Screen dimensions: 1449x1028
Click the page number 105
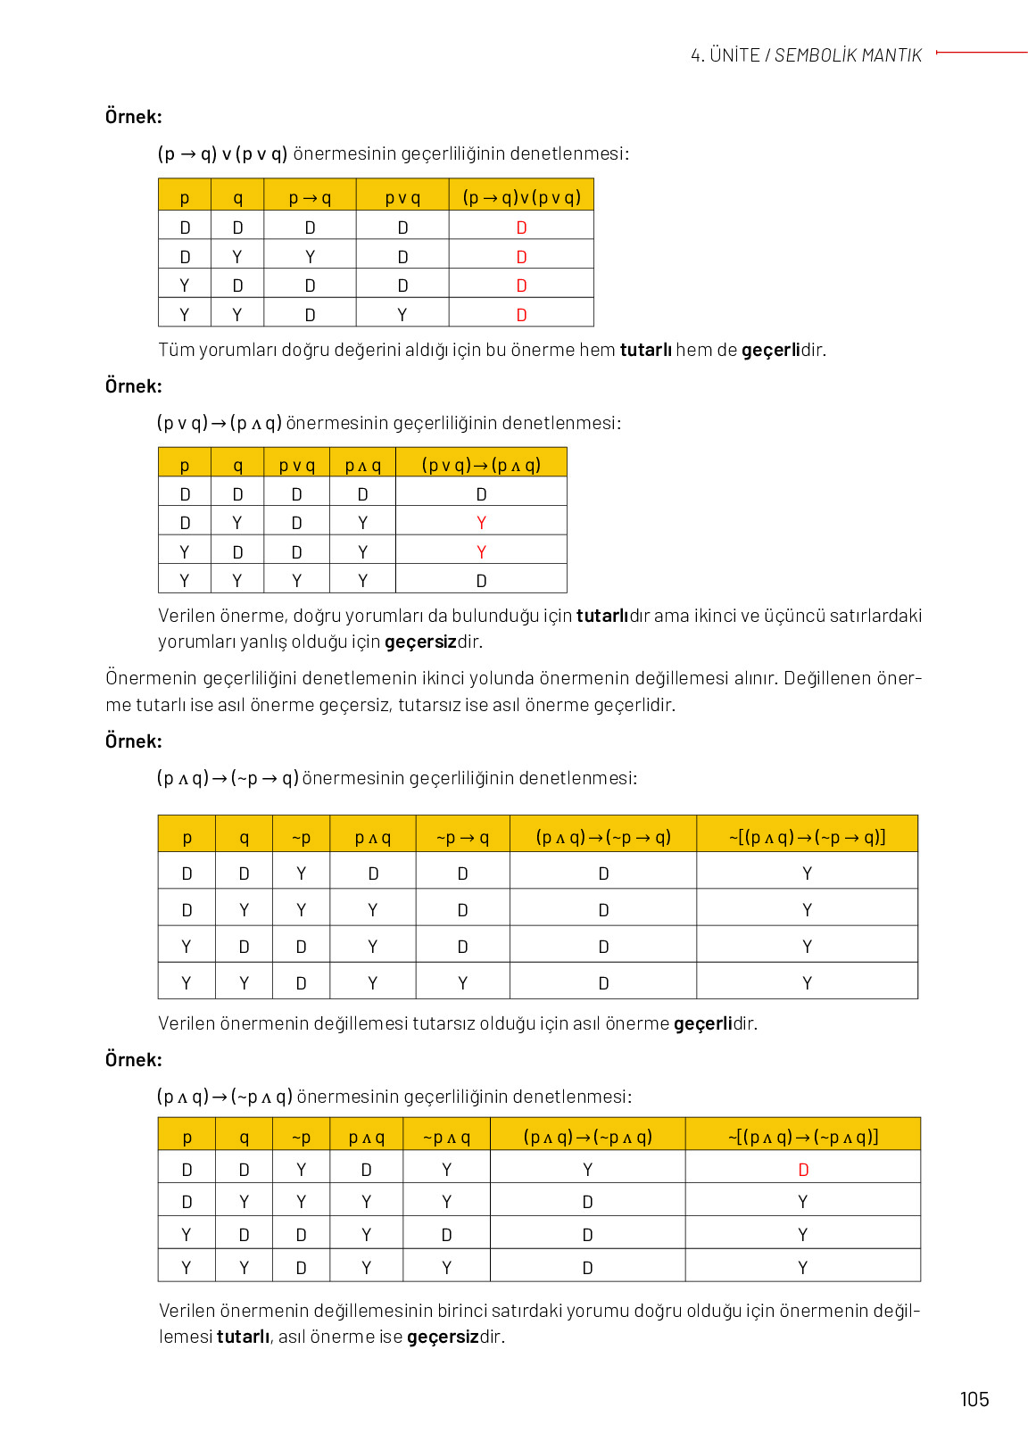coord(974,1399)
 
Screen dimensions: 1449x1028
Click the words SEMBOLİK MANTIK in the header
coord(848,55)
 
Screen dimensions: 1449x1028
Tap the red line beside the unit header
coord(982,53)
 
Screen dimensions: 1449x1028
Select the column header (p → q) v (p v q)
coord(521,197)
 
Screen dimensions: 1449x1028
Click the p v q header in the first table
coord(402,197)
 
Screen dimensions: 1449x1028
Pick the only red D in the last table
coord(803,1170)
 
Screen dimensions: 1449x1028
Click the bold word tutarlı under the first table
coord(645,350)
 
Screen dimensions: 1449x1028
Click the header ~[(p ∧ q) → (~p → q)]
coord(807,837)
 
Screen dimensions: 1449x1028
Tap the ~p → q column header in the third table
coord(462,837)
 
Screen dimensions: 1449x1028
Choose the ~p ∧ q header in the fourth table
coord(446,1137)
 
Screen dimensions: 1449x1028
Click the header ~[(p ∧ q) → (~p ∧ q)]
coord(803,1137)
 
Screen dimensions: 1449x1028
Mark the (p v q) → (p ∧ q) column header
coord(481,465)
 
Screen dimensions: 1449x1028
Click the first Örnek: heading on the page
coord(134,117)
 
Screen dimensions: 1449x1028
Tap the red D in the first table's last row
coord(521,315)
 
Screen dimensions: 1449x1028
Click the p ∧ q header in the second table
coord(362,465)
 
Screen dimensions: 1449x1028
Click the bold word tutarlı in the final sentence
coord(243,1337)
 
